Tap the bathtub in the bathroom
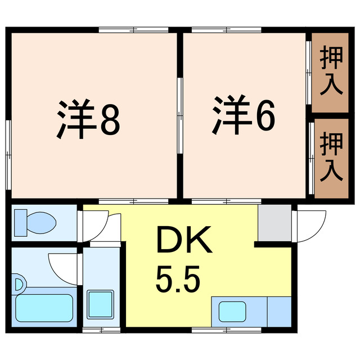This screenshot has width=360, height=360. [44, 307]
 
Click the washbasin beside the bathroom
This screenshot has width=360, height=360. [101, 305]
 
